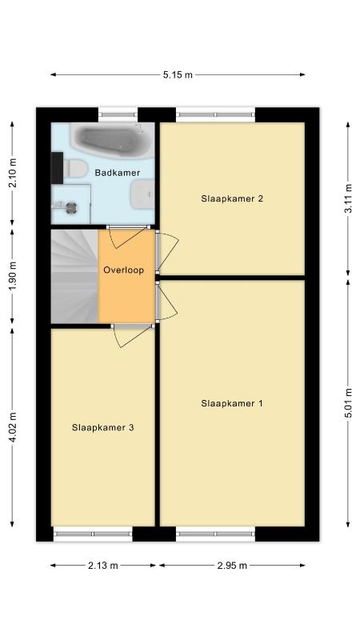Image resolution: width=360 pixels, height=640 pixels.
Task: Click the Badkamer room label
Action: point(117,173)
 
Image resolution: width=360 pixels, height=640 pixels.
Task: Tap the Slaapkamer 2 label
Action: point(232,198)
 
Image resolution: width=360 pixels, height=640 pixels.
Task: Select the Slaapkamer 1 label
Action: point(232,404)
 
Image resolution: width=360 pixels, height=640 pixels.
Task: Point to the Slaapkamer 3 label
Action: point(103,428)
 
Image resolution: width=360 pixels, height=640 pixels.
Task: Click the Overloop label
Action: point(124,270)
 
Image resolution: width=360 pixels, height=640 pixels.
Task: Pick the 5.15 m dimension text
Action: point(178,74)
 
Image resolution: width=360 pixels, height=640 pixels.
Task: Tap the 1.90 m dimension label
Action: point(13,276)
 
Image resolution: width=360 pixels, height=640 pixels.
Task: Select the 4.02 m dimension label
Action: point(13,427)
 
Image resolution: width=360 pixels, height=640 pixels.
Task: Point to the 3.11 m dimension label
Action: point(348,198)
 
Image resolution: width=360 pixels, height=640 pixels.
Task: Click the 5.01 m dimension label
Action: point(348,403)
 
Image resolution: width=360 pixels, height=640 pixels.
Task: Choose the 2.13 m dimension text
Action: point(103,566)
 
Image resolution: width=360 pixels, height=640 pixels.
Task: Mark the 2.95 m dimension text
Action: point(232,566)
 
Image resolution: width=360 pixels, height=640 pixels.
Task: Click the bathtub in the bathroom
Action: point(112,140)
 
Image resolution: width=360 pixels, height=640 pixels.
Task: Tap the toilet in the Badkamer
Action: point(75,168)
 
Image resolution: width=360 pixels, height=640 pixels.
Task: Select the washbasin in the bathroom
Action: point(142,194)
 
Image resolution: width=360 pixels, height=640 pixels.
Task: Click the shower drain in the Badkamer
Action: point(71,207)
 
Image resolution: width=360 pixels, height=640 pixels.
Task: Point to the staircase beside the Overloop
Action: point(74,276)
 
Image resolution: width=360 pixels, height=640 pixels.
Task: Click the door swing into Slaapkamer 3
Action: point(131,336)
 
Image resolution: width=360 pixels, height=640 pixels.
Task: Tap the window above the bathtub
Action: point(118,114)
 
